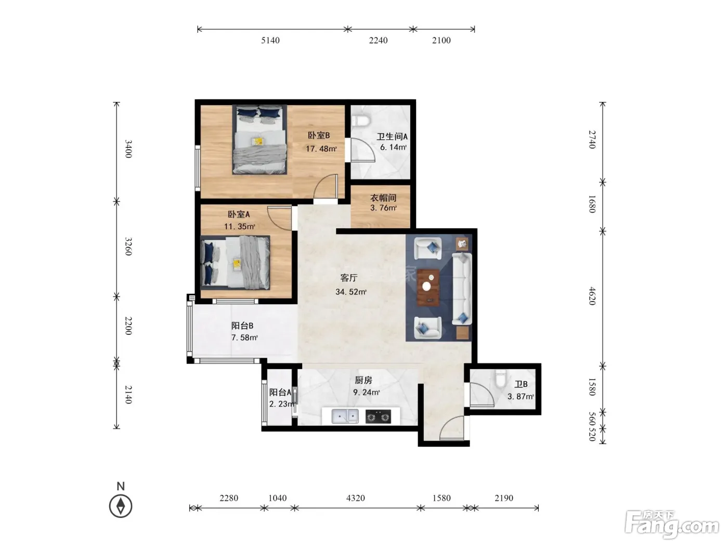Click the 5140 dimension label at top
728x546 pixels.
(270, 40)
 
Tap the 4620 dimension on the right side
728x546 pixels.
(592, 296)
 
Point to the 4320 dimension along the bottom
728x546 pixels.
(355, 498)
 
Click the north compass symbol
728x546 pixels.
(121, 506)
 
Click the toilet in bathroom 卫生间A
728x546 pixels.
(361, 121)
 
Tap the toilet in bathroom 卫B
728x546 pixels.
(500, 379)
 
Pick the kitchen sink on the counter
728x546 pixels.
(345, 416)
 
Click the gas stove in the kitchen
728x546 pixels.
(378, 417)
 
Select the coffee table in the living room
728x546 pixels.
(428, 287)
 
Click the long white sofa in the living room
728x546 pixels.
(462, 289)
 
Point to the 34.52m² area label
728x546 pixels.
(351, 292)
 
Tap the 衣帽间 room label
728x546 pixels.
(383, 198)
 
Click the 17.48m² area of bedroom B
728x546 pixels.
(321, 149)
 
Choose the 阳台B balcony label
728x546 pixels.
(242, 326)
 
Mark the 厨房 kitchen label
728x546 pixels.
(363, 380)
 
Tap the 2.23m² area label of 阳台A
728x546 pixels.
(282, 404)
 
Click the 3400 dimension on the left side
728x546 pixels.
(128, 149)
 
